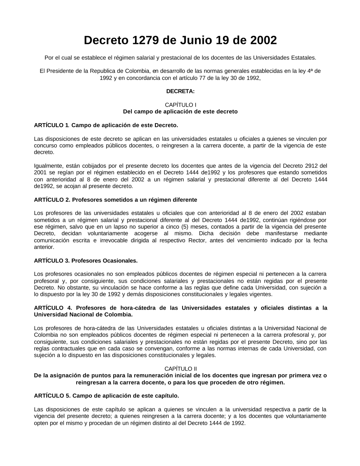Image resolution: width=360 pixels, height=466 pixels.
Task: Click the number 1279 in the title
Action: [x=146, y=40]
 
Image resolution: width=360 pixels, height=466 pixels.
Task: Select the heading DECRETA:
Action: [x=180, y=91]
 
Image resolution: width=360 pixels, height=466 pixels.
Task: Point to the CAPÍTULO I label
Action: [x=180, y=105]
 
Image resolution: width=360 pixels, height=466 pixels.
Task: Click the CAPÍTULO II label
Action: [x=180, y=369]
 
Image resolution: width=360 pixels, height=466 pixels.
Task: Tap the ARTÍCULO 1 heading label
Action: [x=51, y=125]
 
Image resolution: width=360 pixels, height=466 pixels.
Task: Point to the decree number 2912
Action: [x=311, y=166]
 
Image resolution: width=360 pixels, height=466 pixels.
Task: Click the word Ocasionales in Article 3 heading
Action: [x=121, y=260]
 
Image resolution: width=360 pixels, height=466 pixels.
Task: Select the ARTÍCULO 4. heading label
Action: [x=53, y=308]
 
